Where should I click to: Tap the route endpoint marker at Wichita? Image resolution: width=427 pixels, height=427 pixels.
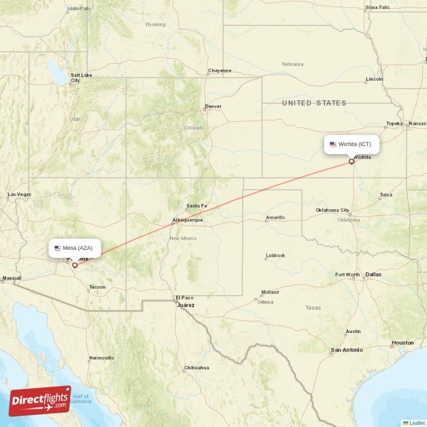351,161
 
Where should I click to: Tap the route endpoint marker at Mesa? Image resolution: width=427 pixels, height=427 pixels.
75,265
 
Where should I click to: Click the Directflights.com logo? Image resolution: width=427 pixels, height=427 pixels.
40,401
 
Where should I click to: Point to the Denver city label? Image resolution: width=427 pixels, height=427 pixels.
213,106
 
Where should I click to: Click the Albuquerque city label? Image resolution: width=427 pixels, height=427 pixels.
187,220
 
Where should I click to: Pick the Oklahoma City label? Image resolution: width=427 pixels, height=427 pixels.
333,210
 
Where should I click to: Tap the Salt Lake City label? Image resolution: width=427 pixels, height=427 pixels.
81,77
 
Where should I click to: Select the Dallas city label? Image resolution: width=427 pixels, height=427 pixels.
374,274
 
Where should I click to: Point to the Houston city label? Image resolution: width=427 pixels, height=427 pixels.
402,343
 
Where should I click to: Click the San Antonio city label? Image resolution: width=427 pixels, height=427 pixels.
346,350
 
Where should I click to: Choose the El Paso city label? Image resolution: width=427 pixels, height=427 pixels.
185,298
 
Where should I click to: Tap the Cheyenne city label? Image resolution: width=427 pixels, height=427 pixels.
219,70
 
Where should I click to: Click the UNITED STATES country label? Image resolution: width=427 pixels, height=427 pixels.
314,103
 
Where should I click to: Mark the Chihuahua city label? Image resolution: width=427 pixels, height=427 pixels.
196,368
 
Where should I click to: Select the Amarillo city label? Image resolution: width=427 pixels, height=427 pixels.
275,217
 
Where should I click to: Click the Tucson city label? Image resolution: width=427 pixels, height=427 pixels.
97,287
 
